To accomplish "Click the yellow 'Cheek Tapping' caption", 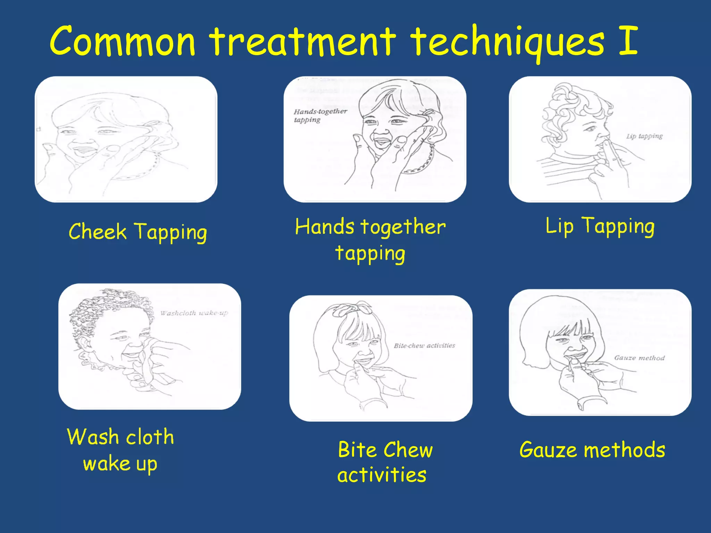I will point(138,232).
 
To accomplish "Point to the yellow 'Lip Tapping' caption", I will point(600,226).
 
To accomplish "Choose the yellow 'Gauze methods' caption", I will point(592,450).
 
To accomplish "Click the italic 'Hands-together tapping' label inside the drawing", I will point(320,116).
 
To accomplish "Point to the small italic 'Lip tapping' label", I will point(644,136).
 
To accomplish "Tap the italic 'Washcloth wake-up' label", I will point(194,313).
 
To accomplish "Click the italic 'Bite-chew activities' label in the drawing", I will point(424,346).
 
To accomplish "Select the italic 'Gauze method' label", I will point(639,358).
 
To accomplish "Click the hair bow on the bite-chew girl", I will point(352,309).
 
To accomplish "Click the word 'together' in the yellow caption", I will point(403,227).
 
